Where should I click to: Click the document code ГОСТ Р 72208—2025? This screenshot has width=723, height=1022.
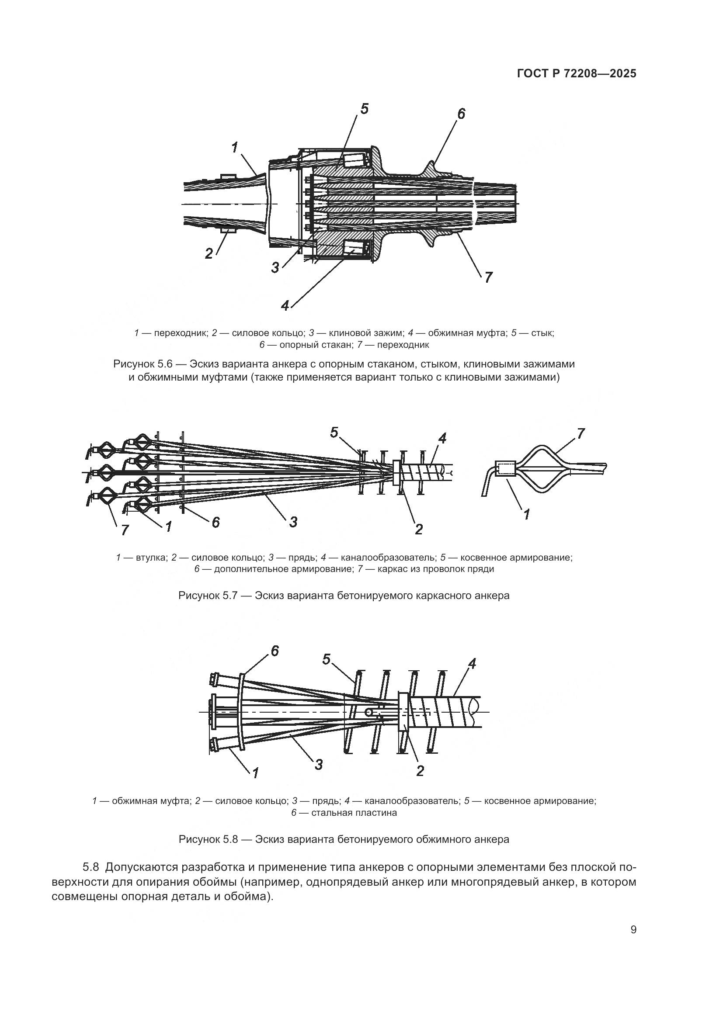[577, 74]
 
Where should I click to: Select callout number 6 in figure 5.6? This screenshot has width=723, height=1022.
[461, 114]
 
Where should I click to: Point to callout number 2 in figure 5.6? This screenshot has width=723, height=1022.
[209, 254]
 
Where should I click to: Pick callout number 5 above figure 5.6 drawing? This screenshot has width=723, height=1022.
[364, 109]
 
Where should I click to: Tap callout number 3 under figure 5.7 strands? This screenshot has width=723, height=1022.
[293, 522]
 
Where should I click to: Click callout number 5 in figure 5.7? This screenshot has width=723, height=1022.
[334, 432]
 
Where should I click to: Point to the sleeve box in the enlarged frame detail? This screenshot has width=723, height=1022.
[505, 469]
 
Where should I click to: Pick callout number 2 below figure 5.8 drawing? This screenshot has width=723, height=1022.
[420, 771]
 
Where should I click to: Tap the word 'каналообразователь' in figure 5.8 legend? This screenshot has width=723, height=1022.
[411, 801]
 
